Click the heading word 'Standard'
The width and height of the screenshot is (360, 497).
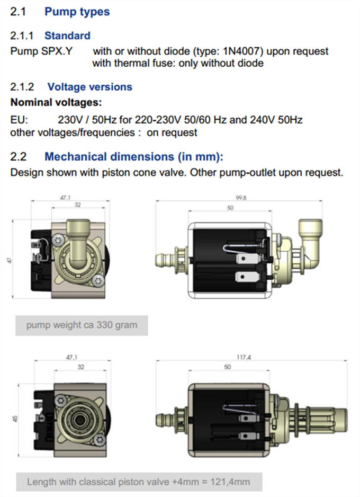click(67, 35)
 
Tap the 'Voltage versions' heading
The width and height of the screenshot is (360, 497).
click(90, 87)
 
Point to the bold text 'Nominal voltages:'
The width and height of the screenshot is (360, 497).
click(56, 102)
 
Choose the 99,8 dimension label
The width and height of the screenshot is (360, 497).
click(241, 198)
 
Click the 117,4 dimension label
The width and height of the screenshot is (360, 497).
click(244, 358)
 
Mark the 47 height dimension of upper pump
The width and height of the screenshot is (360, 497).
click(10, 260)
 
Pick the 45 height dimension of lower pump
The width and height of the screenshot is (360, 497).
click(15, 419)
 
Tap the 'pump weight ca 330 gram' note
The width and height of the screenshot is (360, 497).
click(82, 325)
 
